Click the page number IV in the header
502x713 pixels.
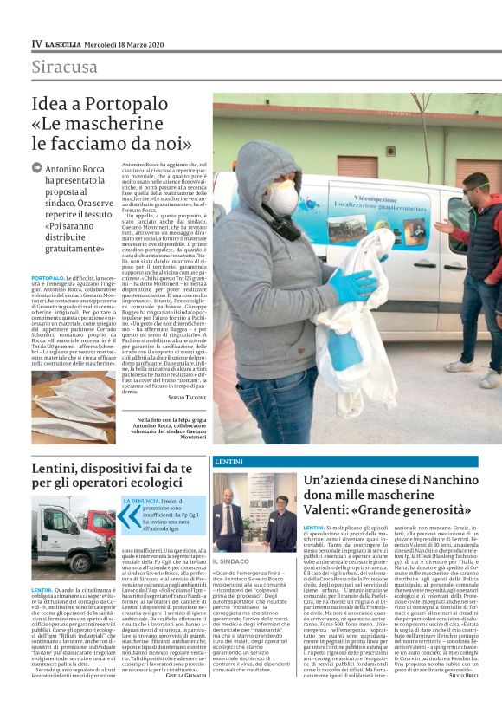(x=36, y=42)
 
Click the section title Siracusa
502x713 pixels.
(x=64, y=67)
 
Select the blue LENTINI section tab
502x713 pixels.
(x=228, y=462)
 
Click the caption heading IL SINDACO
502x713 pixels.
(x=231, y=561)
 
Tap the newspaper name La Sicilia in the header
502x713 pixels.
(x=65, y=42)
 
